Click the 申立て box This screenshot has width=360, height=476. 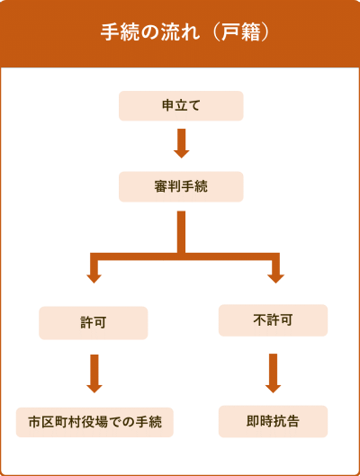(181, 106)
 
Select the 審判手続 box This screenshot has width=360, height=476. (181, 186)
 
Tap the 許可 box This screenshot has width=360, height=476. (94, 323)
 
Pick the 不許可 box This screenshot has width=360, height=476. (273, 320)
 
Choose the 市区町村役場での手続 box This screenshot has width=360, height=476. (94, 422)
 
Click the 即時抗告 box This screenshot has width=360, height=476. (273, 421)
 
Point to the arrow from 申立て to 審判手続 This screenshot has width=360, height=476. (182, 143)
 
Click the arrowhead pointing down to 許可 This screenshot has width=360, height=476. (94, 279)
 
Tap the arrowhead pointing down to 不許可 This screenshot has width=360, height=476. (275, 279)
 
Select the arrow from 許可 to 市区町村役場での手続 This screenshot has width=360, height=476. (94, 373)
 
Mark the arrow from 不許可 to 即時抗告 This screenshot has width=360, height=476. (273, 373)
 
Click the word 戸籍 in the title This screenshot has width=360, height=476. (240, 31)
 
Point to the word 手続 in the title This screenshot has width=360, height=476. (120, 31)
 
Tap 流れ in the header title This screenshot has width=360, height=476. (180, 31)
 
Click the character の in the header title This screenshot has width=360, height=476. (150, 31)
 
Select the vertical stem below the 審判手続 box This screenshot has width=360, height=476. (181, 232)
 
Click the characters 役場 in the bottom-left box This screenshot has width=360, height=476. (94, 422)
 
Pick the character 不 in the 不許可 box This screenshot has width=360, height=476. (260, 320)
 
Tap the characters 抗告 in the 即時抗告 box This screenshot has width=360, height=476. (286, 421)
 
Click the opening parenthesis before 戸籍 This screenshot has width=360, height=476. (216, 31)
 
